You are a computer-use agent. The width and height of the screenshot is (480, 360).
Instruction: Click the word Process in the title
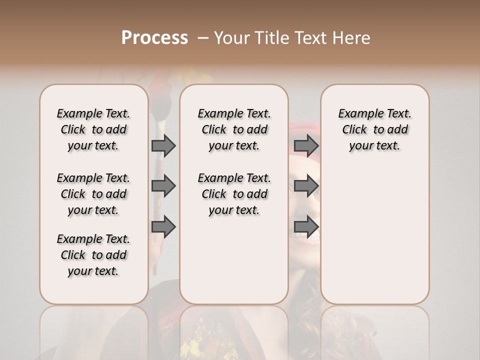pos(154,38)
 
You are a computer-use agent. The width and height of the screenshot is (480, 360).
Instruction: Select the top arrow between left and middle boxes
pos(163,145)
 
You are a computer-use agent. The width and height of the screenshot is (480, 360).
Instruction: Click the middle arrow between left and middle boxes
pos(163,186)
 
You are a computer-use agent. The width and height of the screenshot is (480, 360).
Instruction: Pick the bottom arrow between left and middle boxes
pos(163,227)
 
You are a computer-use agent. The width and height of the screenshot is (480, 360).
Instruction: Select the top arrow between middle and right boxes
pos(306,145)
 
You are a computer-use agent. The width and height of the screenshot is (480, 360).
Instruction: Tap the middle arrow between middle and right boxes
pos(306,186)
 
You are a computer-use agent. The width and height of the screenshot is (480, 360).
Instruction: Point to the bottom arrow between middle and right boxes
pos(306,227)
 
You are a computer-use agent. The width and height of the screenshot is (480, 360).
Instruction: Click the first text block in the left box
pos(93,129)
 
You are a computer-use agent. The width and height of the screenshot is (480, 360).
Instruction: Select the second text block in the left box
pos(93,194)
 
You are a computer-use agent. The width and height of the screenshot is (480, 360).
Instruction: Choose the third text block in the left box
pos(93,255)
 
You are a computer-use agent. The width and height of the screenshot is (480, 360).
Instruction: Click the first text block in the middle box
pos(234,129)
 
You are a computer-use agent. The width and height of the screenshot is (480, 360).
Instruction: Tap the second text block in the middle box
pos(234,194)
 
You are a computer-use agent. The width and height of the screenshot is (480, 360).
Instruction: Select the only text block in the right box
pos(374,129)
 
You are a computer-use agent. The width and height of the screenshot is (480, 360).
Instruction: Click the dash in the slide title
pos(202,38)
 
